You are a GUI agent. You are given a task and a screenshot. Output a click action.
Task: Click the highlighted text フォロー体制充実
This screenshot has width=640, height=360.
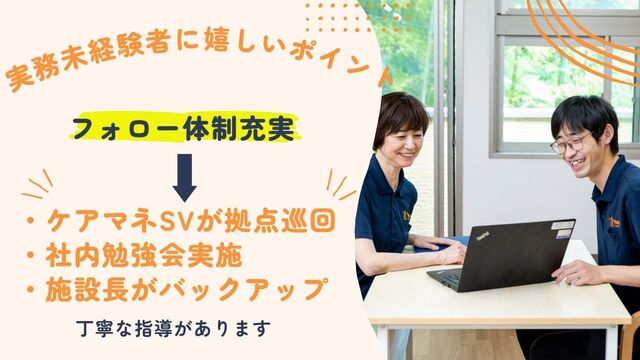coord(184,128)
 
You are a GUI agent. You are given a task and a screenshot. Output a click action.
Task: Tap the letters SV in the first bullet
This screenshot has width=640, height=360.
coord(176,221)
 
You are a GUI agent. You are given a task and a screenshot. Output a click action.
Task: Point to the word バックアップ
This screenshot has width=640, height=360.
coord(244,289)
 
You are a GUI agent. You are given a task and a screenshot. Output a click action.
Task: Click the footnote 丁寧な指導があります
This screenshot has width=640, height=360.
coord(173,329)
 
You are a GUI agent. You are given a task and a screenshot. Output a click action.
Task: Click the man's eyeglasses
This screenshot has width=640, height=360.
coord(570,143)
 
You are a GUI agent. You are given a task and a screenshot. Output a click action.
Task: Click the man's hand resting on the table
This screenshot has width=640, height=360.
coord(572,273)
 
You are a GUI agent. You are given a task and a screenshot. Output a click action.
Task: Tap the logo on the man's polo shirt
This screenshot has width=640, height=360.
coord(614,222)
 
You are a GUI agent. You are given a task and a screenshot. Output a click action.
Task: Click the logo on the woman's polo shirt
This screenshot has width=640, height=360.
coord(407,216)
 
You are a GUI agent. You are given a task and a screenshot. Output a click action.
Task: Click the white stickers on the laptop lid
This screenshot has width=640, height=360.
coord(563,229)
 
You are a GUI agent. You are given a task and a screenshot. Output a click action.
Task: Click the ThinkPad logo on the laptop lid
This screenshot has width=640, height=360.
coord(482,236)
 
